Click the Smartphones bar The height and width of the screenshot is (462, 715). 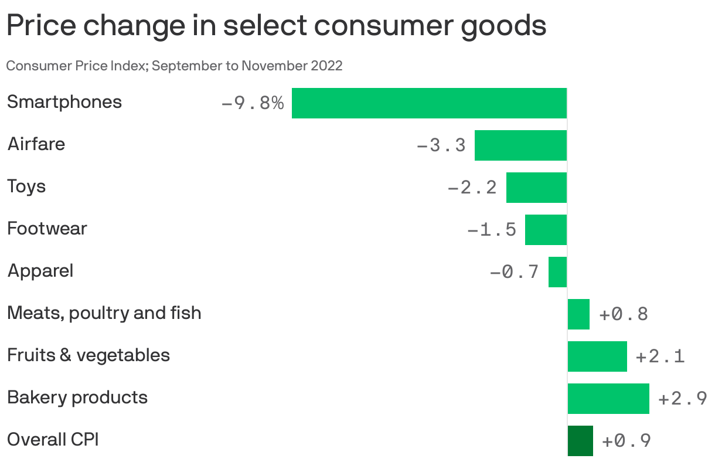(x=429, y=103)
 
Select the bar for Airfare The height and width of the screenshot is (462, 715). (x=520, y=145)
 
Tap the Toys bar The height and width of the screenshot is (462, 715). (x=536, y=188)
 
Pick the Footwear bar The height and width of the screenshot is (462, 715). (x=546, y=230)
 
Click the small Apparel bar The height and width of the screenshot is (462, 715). (x=557, y=272)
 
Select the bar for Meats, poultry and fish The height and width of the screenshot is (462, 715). (x=578, y=314)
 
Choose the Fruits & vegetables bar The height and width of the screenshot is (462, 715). (x=597, y=356)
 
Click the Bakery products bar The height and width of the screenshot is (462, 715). (x=608, y=399)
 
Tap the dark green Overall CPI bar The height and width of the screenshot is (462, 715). (x=580, y=441)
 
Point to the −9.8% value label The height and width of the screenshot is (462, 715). (x=253, y=104)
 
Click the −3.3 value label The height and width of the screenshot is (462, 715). (x=441, y=145)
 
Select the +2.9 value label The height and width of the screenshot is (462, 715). (x=683, y=399)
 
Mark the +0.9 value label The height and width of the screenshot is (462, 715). (x=627, y=441)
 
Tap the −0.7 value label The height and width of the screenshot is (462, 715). (x=514, y=272)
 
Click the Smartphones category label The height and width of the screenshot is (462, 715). (x=64, y=102)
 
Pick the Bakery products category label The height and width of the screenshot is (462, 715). (x=77, y=398)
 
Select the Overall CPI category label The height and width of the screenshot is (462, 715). (x=53, y=439)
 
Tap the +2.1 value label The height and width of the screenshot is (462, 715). (x=660, y=356)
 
